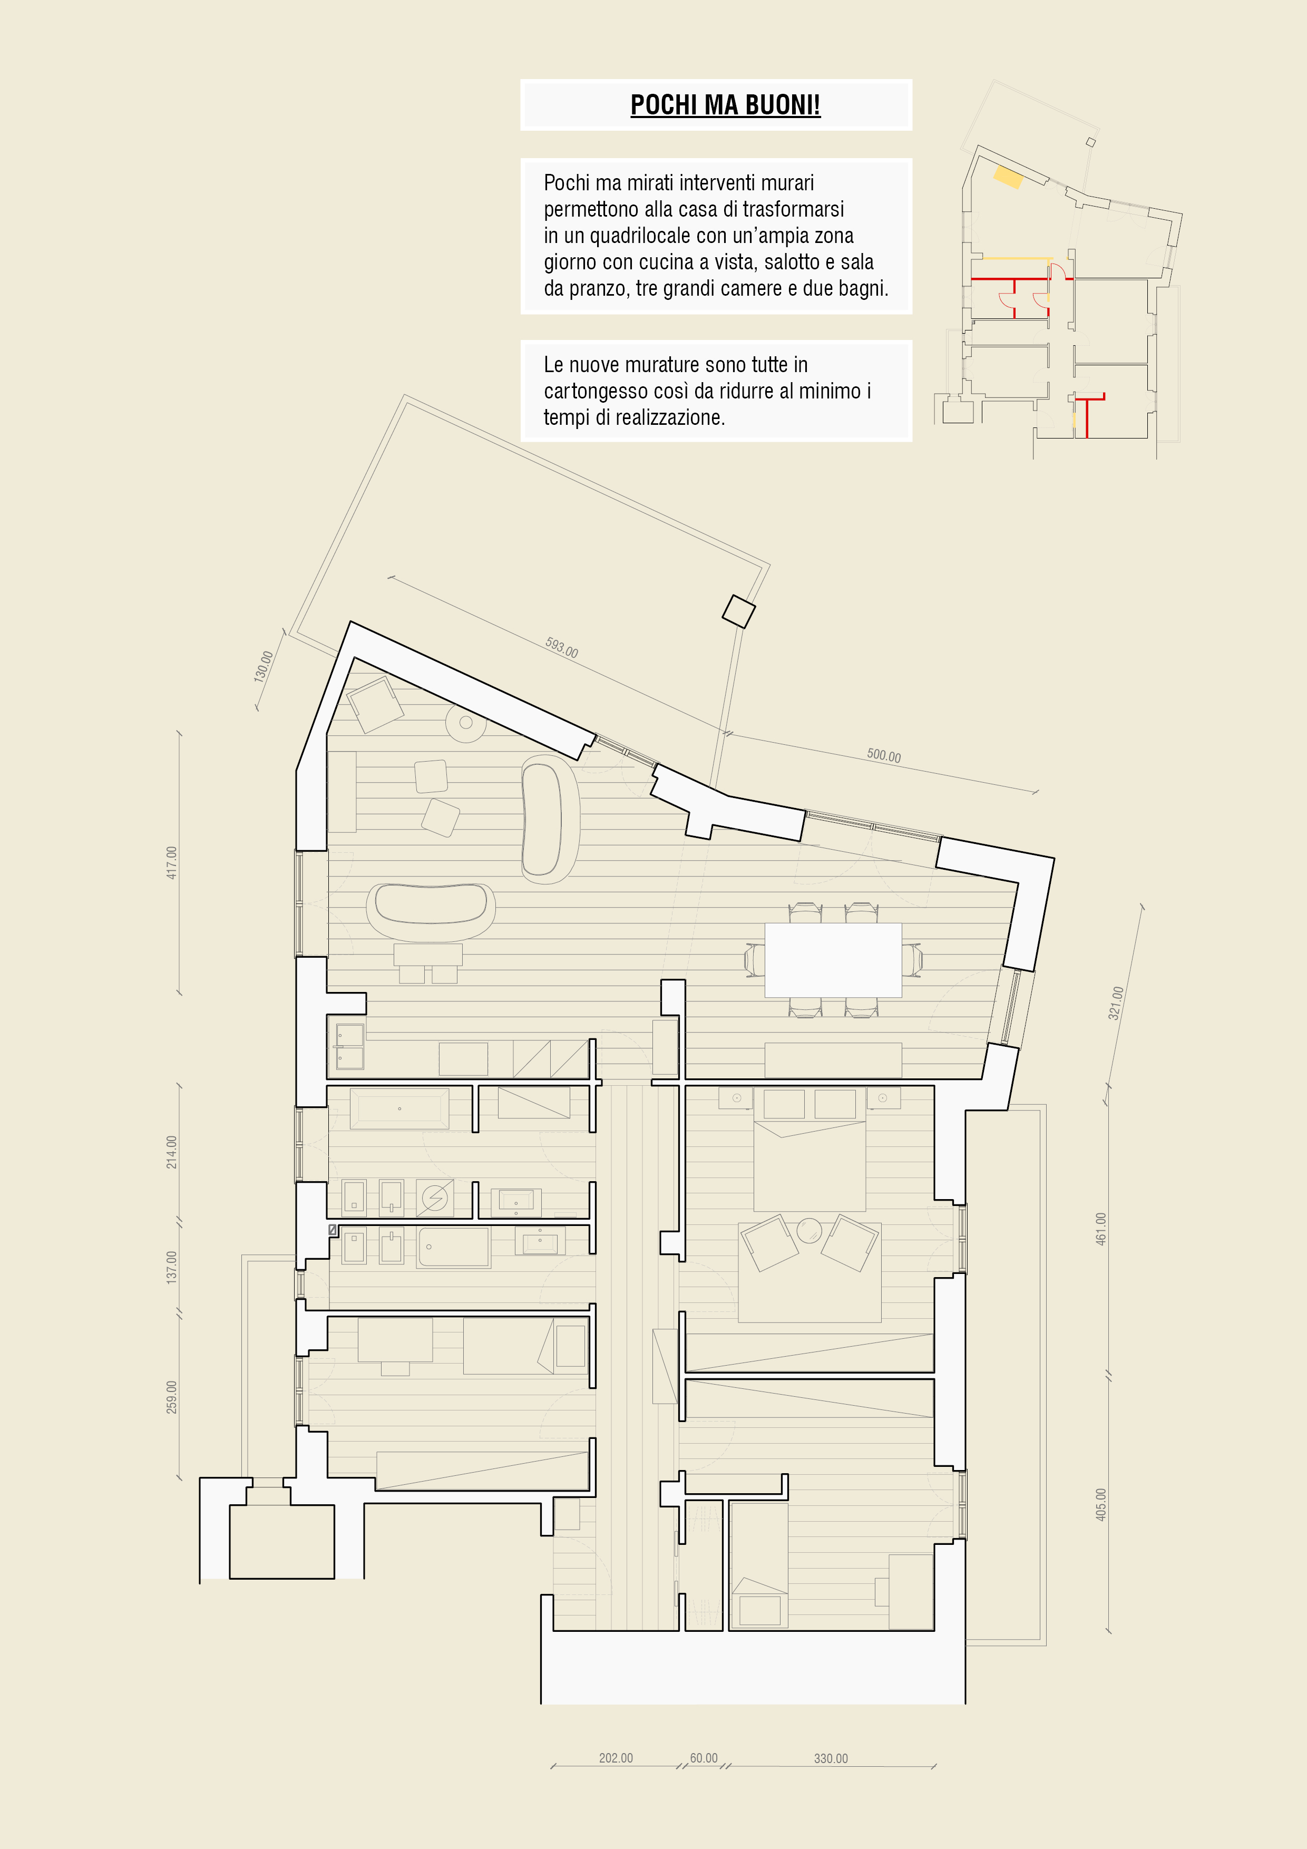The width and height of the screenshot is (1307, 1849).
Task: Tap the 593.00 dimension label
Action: click(x=561, y=647)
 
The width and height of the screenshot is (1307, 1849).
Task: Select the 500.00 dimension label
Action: click(x=883, y=755)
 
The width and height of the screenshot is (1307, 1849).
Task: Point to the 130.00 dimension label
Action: click(x=264, y=667)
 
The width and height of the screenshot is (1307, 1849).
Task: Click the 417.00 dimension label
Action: click(x=171, y=862)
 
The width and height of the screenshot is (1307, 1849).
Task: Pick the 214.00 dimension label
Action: click(x=171, y=1152)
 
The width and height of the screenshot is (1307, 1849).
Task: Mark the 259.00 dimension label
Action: click(x=171, y=1397)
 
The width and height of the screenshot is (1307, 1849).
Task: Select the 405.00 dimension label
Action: click(x=1101, y=1504)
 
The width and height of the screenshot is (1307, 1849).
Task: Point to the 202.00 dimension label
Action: click(x=616, y=1758)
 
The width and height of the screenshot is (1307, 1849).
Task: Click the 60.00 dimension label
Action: click(x=704, y=1758)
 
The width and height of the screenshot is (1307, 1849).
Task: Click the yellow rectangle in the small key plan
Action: click(x=1008, y=177)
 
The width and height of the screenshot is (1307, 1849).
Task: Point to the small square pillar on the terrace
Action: click(x=738, y=611)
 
